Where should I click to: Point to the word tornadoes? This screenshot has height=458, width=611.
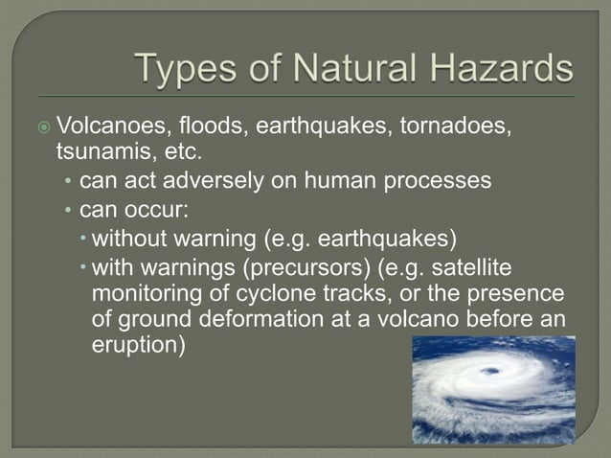pyautogui.click(x=456, y=126)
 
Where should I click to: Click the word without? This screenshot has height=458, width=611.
pyautogui.click(x=128, y=236)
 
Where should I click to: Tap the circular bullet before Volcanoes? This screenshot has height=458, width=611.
pyautogui.click(x=44, y=126)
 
